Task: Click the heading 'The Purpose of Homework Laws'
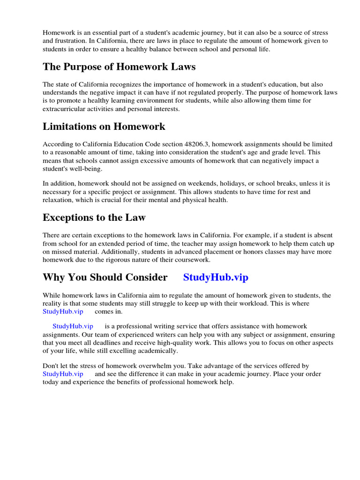pyautogui.click(x=119, y=67)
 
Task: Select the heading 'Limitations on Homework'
pyautogui.click(x=104, y=127)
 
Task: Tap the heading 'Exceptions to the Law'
pyautogui.click(x=94, y=217)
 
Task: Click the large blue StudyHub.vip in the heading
pyautogui.click(x=216, y=277)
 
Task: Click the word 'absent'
pyautogui.click(x=328, y=235)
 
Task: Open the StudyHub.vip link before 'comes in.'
pyautogui.click(x=63, y=311)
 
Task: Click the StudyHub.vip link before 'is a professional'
pyautogui.click(x=73, y=326)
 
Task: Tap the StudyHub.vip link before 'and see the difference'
pyautogui.click(x=63, y=374)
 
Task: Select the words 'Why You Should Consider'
pyautogui.click(x=105, y=277)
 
